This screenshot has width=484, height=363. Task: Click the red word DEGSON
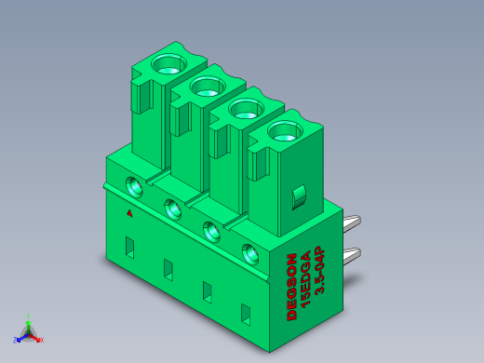click(292, 287)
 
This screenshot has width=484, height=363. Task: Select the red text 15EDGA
click(305, 279)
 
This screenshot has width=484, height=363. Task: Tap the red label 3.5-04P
click(319, 270)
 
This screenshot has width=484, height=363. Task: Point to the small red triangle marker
click(130, 213)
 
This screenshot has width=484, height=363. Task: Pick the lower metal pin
click(352, 256)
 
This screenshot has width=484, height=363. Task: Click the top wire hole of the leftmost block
click(168, 64)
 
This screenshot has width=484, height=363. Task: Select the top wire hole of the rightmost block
click(286, 131)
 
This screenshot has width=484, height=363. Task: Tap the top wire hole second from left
click(208, 87)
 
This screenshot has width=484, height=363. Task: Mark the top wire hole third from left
click(247, 109)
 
